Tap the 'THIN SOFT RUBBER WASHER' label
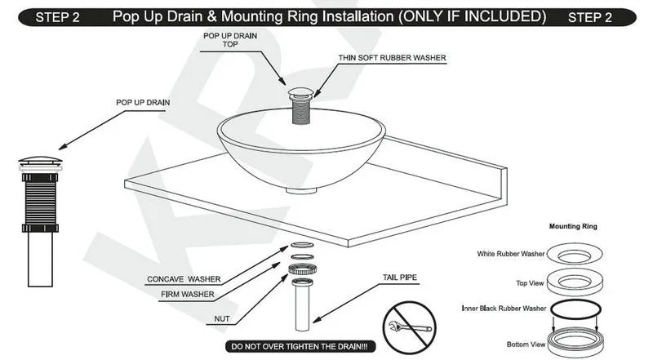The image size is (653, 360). (391, 58)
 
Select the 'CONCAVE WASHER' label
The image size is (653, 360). (184, 279)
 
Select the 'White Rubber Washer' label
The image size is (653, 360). (512, 254)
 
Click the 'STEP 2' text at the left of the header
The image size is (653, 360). (57, 18)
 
